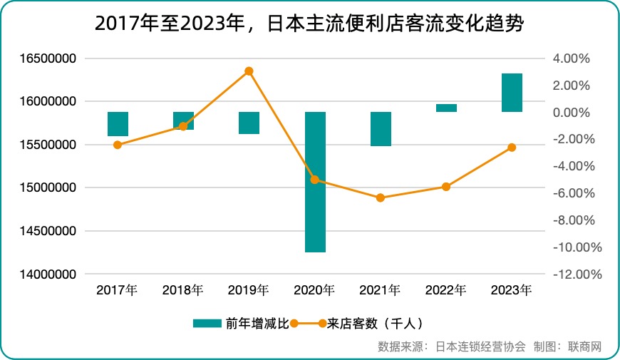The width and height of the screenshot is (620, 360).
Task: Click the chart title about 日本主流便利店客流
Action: click(x=309, y=25)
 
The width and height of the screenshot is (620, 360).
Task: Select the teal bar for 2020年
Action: click(x=315, y=182)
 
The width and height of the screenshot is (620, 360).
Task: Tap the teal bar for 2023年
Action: click(x=512, y=93)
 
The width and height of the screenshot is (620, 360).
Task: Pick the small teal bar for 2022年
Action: click(x=446, y=108)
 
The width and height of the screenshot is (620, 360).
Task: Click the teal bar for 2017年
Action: click(x=118, y=123)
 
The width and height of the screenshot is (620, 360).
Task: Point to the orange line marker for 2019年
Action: click(x=249, y=71)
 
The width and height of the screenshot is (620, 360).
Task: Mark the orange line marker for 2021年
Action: click(x=381, y=197)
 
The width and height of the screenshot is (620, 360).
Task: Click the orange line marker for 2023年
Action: click(x=512, y=148)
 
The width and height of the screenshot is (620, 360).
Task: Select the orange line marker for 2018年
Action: click(x=183, y=126)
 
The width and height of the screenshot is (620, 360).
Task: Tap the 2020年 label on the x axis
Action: click(x=314, y=290)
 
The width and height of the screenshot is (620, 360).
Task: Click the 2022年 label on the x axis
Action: click(x=445, y=290)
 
